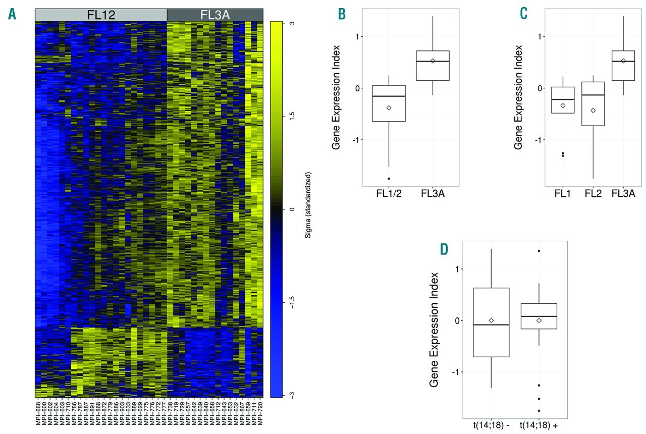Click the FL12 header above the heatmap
101,15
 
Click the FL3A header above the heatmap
215,15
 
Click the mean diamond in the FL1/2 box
389,107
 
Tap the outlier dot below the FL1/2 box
389,179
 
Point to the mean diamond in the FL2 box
593,110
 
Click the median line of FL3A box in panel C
623,61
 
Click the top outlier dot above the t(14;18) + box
539,251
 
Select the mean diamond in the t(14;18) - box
491,320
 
